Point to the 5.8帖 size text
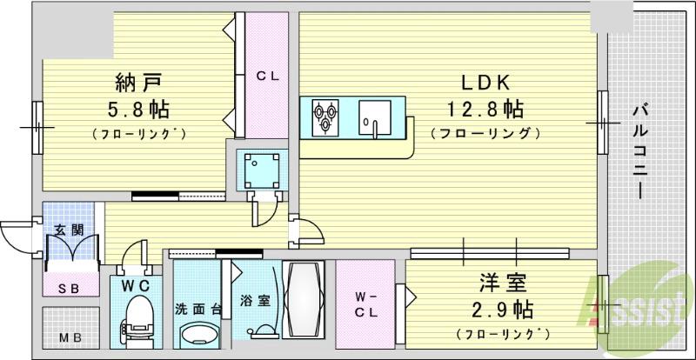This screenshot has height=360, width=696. [139, 110]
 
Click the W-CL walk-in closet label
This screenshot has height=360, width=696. [365, 308]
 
